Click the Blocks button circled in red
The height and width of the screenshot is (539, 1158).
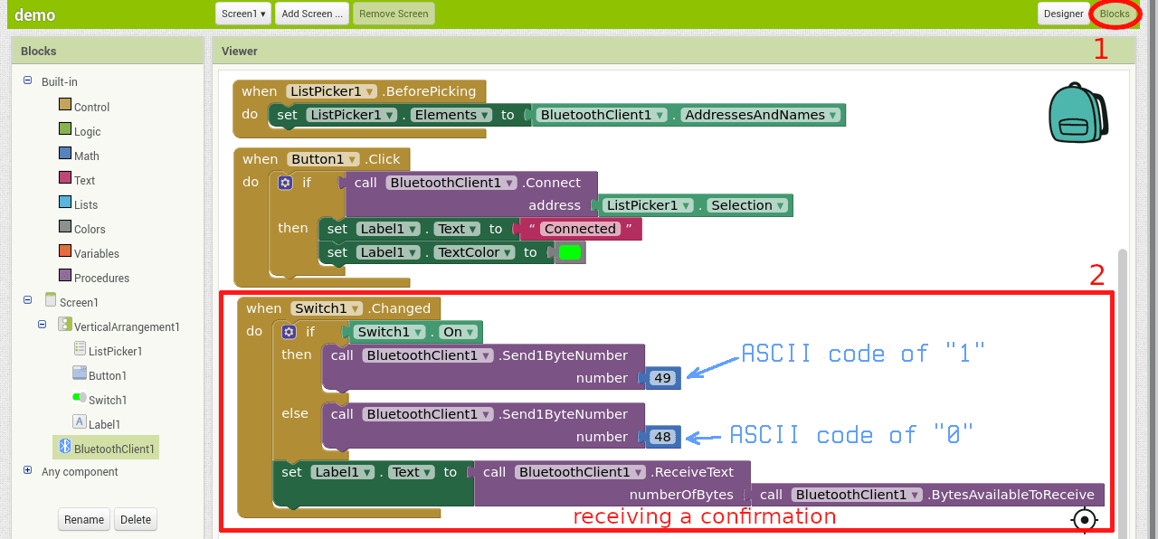coord(1115,14)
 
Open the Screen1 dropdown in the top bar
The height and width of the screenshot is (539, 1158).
coord(244,14)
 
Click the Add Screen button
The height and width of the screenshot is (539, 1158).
coord(311,14)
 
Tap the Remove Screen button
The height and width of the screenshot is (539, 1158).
coord(394,14)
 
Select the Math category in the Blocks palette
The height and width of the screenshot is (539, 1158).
coord(86,156)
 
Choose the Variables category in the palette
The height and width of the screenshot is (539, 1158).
coord(96,253)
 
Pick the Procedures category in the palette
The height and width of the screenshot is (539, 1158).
coord(101,278)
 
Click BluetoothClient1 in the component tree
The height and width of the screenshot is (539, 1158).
coord(114,448)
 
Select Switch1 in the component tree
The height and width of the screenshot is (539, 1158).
coord(107,400)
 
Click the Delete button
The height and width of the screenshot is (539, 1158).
coord(136,519)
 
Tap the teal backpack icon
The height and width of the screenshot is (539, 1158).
coord(1078,113)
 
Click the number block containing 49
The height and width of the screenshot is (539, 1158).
coord(663,378)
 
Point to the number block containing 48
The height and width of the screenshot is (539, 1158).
coord(663,437)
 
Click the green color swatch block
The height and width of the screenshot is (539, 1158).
coord(570,252)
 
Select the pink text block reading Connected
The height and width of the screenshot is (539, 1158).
coord(580,229)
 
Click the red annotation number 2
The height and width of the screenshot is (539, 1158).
coord(1096,276)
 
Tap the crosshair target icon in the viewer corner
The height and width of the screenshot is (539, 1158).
coord(1084,520)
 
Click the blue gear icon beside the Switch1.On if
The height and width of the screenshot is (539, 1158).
coord(288,332)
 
